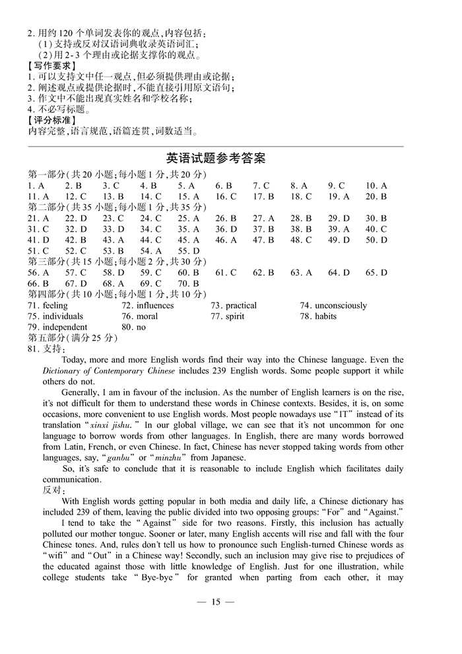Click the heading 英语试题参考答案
[x=215, y=159]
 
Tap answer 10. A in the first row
[x=376, y=186]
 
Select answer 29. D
[x=339, y=218]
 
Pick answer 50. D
[x=376, y=240]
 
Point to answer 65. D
[x=376, y=272]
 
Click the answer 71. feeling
[x=48, y=305]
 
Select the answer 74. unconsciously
[x=333, y=305]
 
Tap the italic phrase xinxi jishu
[x=110, y=425]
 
